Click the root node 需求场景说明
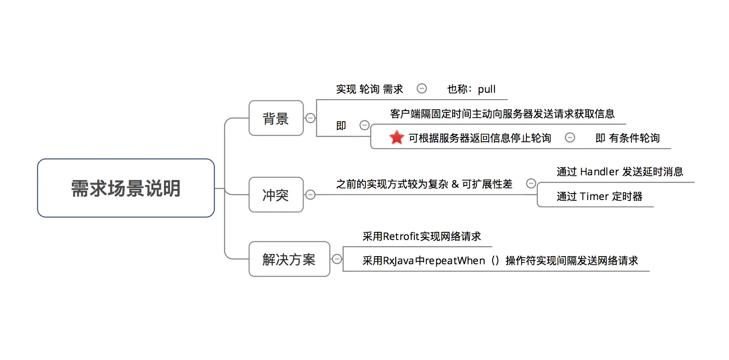pyautogui.click(x=126, y=188)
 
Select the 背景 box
pyautogui.click(x=276, y=118)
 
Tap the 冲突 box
pyautogui.click(x=276, y=195)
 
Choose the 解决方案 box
pyautogui.click(x=289, y=259)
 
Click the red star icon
pyautogui.click(x=396, y=137)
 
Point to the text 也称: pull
pyautogui.click(x=471, y=89)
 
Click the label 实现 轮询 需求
pyautogui.click(x=369, y=89)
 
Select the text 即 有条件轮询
pyautogui.click(x=627, y=138)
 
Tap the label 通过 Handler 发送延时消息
pyautogui.click(x=620, y=171)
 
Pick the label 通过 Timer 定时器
pyautogui.click(x=599, y=196)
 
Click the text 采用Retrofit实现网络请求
pyautogui.click(x=422, y=237)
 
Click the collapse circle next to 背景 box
pyautogui.click(x=311, y=118)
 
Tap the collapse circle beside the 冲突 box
pyautogui.click(x=311, y=195)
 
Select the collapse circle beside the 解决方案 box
pyautogui.click(x=337, y=259)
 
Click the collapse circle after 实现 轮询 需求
pyautogui.click(x=422, y=89)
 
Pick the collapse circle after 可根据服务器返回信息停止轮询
pyautogui.click(x=570, y=137)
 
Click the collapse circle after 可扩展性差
pyautogui.click(x=531, y=183)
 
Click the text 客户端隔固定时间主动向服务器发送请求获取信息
pyautogui.click(x=502, y=114)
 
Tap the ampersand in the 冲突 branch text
pyautogui.click(x=455, y=184)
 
